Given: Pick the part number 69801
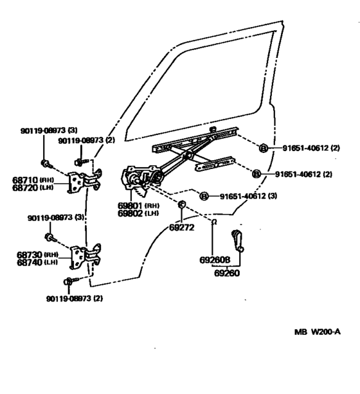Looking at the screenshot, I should tap(131, 205).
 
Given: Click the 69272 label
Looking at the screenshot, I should tap(182, 226).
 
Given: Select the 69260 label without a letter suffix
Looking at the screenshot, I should tap(226, 273).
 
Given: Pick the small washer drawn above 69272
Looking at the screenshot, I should tap(182, 204).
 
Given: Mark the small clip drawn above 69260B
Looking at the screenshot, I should tap(213, 222).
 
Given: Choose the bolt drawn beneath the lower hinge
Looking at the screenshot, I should tap(70, 281).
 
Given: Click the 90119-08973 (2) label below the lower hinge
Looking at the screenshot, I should tap(75, 298).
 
